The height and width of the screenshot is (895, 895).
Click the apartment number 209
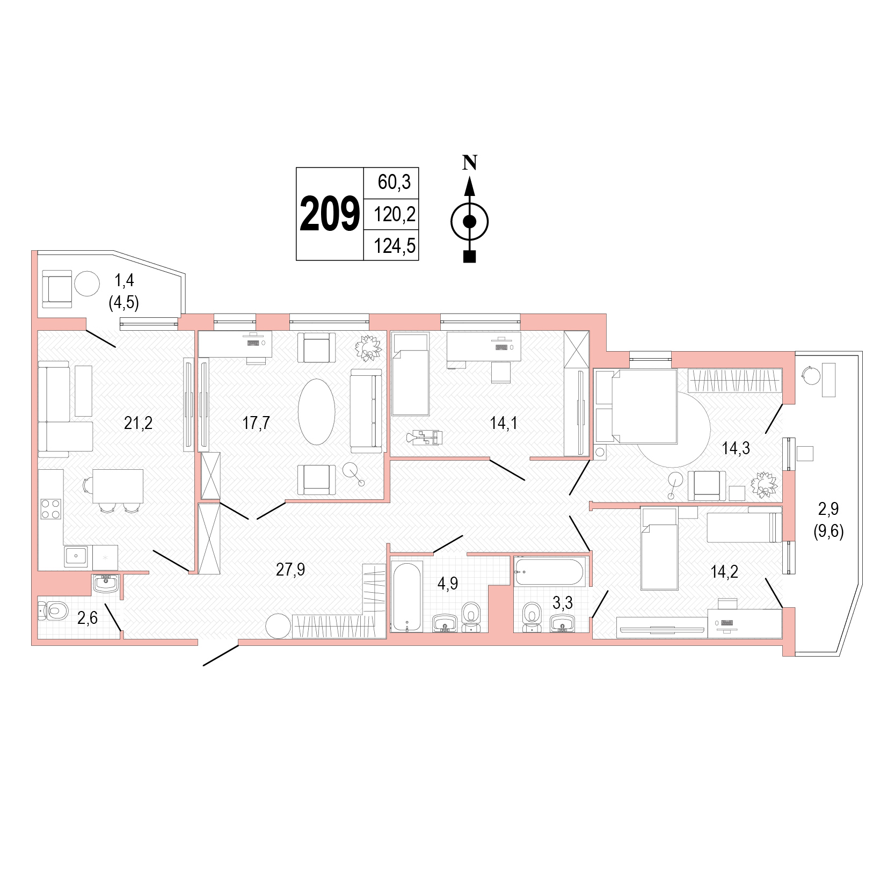pos(330,214)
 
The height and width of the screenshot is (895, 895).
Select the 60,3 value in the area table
pos(394,182)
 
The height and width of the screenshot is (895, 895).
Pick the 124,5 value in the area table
pos(395,246)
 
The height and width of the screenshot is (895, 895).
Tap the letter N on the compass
pos(470,162)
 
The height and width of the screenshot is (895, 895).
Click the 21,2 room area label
pos(138,423)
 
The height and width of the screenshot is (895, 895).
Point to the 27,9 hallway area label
pos(290,569)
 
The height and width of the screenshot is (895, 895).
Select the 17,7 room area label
pos(256,423)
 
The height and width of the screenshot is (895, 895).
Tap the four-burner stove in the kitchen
pos(51,509)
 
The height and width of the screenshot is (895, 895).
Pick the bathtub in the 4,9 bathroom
pos(407,596)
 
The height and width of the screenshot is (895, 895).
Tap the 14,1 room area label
pos(504,423)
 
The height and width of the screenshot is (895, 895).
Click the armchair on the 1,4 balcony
pos(57,289)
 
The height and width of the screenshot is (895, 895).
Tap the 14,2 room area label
pos(724,571)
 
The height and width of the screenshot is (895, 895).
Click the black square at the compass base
pos(470,257)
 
